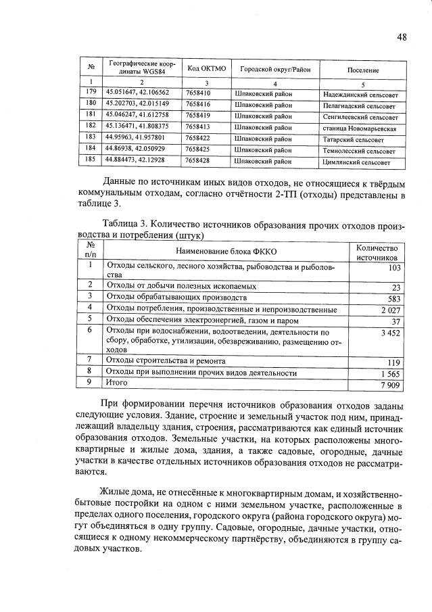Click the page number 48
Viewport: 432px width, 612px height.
click(402, 37)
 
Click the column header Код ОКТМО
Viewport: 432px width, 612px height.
click(203, 69)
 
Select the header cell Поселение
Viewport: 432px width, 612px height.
click(363, 70)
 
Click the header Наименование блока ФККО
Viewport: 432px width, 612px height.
click(226, 251)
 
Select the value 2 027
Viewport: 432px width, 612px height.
click(390, 309)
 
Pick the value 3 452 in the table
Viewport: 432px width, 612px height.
click(390, 333)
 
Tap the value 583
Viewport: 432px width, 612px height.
click(393, 298)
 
